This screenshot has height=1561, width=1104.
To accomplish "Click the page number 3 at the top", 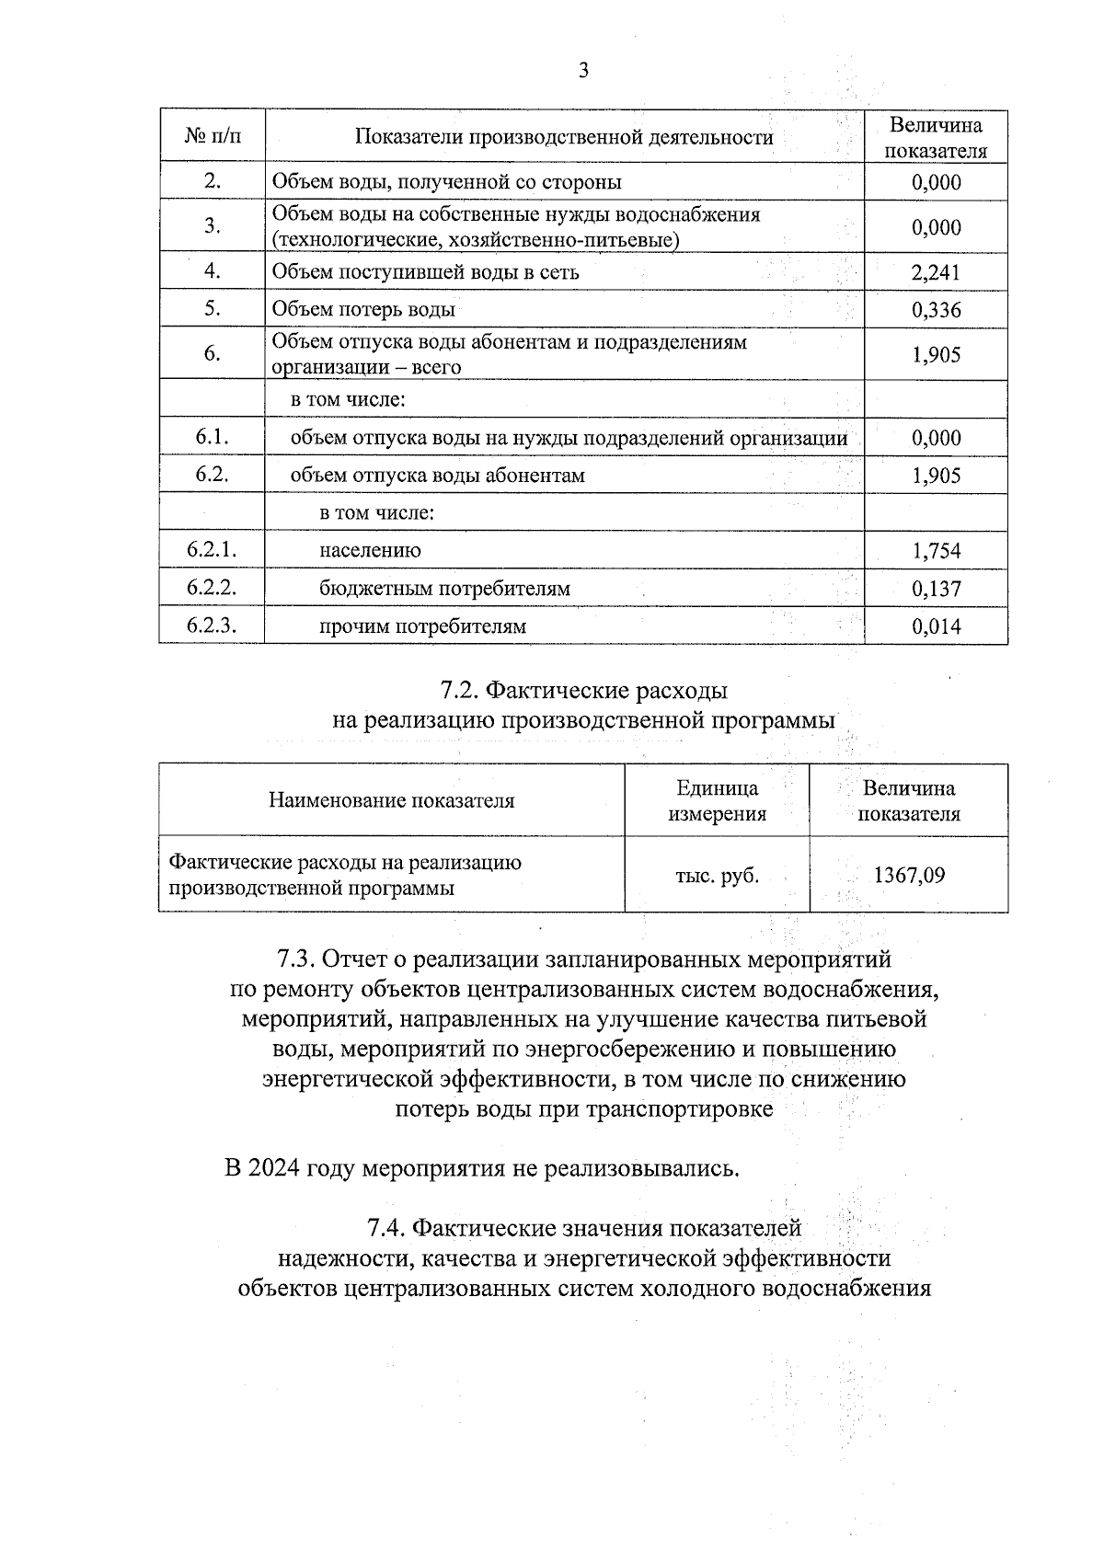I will coord(583,71).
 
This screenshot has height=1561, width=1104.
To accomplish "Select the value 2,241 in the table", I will coord(936,272).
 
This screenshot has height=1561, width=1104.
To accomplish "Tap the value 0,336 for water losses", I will coord(936,310).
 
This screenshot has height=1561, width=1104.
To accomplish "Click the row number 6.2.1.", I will coord(212,550).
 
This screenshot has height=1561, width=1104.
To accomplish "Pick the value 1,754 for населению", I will coord(936,551).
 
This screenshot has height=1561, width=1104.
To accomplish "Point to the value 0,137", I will coord(936,589).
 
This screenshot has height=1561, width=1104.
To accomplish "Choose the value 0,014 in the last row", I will coord(936,626).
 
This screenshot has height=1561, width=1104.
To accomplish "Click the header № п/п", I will coord(212,137).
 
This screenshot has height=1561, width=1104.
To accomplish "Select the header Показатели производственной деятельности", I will coord(564,138).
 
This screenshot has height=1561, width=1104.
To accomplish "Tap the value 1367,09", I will coord(908,875).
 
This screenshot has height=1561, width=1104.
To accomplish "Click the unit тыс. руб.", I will coord(717,876).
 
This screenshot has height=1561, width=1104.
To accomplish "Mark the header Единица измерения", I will coord(717,800).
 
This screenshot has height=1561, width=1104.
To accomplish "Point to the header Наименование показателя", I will coord(391,800).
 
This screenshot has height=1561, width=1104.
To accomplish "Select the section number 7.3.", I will coord(297,959).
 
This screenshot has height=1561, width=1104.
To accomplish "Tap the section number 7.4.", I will coord(387,1228).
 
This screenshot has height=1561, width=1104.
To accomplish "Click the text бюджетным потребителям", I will coord(444,589).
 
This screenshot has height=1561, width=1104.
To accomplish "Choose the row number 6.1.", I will coord(212,438).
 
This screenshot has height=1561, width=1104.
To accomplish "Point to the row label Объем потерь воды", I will coord(363,310).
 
